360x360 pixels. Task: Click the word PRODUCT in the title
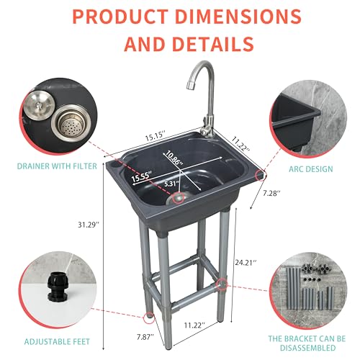(x=120, y=17)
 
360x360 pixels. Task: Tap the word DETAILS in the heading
(x=212, y=43)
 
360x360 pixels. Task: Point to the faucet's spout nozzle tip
(x=190, y=85)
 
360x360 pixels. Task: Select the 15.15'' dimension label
(x=156, y=137)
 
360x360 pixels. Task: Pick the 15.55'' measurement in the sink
(x=142, y=176)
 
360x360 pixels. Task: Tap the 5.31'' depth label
(x=171, y=184)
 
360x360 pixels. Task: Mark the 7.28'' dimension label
(x=271, y=193)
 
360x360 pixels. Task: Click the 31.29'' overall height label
(x=88, y=225)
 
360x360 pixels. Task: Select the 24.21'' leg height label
(x=246, y=263)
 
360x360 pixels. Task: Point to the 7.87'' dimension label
(x=145, y=337)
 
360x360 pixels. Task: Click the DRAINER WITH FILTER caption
(x=57, y=166)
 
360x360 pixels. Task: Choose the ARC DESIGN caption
(x=311, y=169)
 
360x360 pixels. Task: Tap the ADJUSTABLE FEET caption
(x=57, y=341)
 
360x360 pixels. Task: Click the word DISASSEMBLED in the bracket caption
(x=308, y=348)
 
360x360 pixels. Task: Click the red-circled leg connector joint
(x=222, y=284)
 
